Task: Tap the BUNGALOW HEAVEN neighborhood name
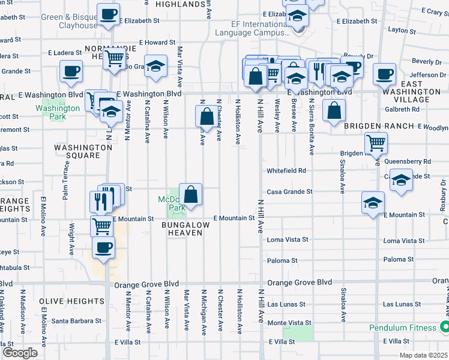tap(185, 229)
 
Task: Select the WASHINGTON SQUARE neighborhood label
tap(77, 151)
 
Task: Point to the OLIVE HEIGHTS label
tap(72, 301)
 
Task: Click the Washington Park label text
tap(58, 112)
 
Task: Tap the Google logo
tap(20, 353)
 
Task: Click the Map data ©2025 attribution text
tap(423, 355)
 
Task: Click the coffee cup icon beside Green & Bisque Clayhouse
tap(108, 14)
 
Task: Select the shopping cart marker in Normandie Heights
tap(113, 59)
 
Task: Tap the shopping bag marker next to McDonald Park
tap(190, 194)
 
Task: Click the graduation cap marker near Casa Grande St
tap(373, 202)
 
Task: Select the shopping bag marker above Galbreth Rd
tap(334, 110)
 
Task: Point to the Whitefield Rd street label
tap(286, 170)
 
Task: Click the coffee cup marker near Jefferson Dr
tap(384, 74)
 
